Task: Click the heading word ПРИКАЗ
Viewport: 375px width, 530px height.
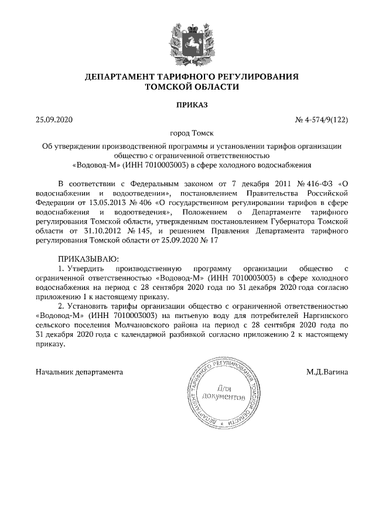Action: pos(187,105)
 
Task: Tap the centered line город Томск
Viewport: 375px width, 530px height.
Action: pos(187,134)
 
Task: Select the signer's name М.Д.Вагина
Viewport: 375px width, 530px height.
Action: pos(327,372)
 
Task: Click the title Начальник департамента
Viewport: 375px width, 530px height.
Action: pos(80,372)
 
